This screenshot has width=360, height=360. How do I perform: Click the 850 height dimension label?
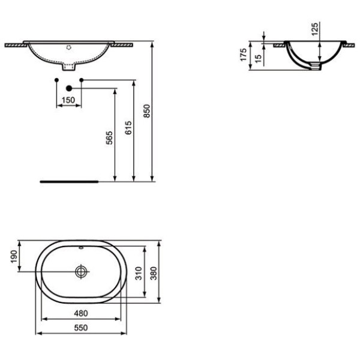pyautogui.click(x=147, y=111)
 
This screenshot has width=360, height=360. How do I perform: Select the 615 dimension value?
pyautogui.click(x=128, y=128)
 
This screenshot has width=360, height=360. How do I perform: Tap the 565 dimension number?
pyautogui.click(x=109, y=138)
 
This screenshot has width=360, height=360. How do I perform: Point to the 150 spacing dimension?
pyautogui.click(x=68, y=100)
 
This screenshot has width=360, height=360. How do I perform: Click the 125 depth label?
pyautogui.click(x=315, y=29)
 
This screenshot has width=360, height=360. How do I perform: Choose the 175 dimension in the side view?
pyautogui.click(x=244, y=55)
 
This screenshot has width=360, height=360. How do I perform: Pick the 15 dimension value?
pyautogui.click(x=258, y=59)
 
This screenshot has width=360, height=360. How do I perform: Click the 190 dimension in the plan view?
pyautogui.click(x=14, y=257)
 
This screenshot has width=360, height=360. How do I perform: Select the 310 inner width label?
pyautogui.click(x=139, y=273)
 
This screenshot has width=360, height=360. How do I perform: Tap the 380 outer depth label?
pyautogui.click(x=154, y=273)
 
